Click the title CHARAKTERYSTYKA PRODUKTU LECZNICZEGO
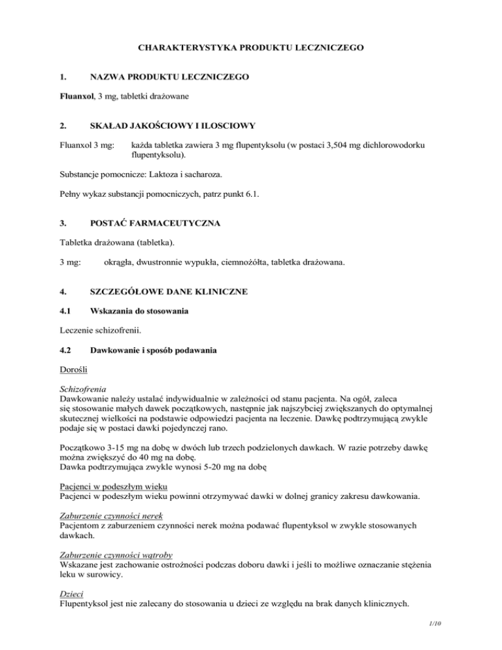[251, 48]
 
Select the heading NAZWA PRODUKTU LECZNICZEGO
[169, 77]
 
